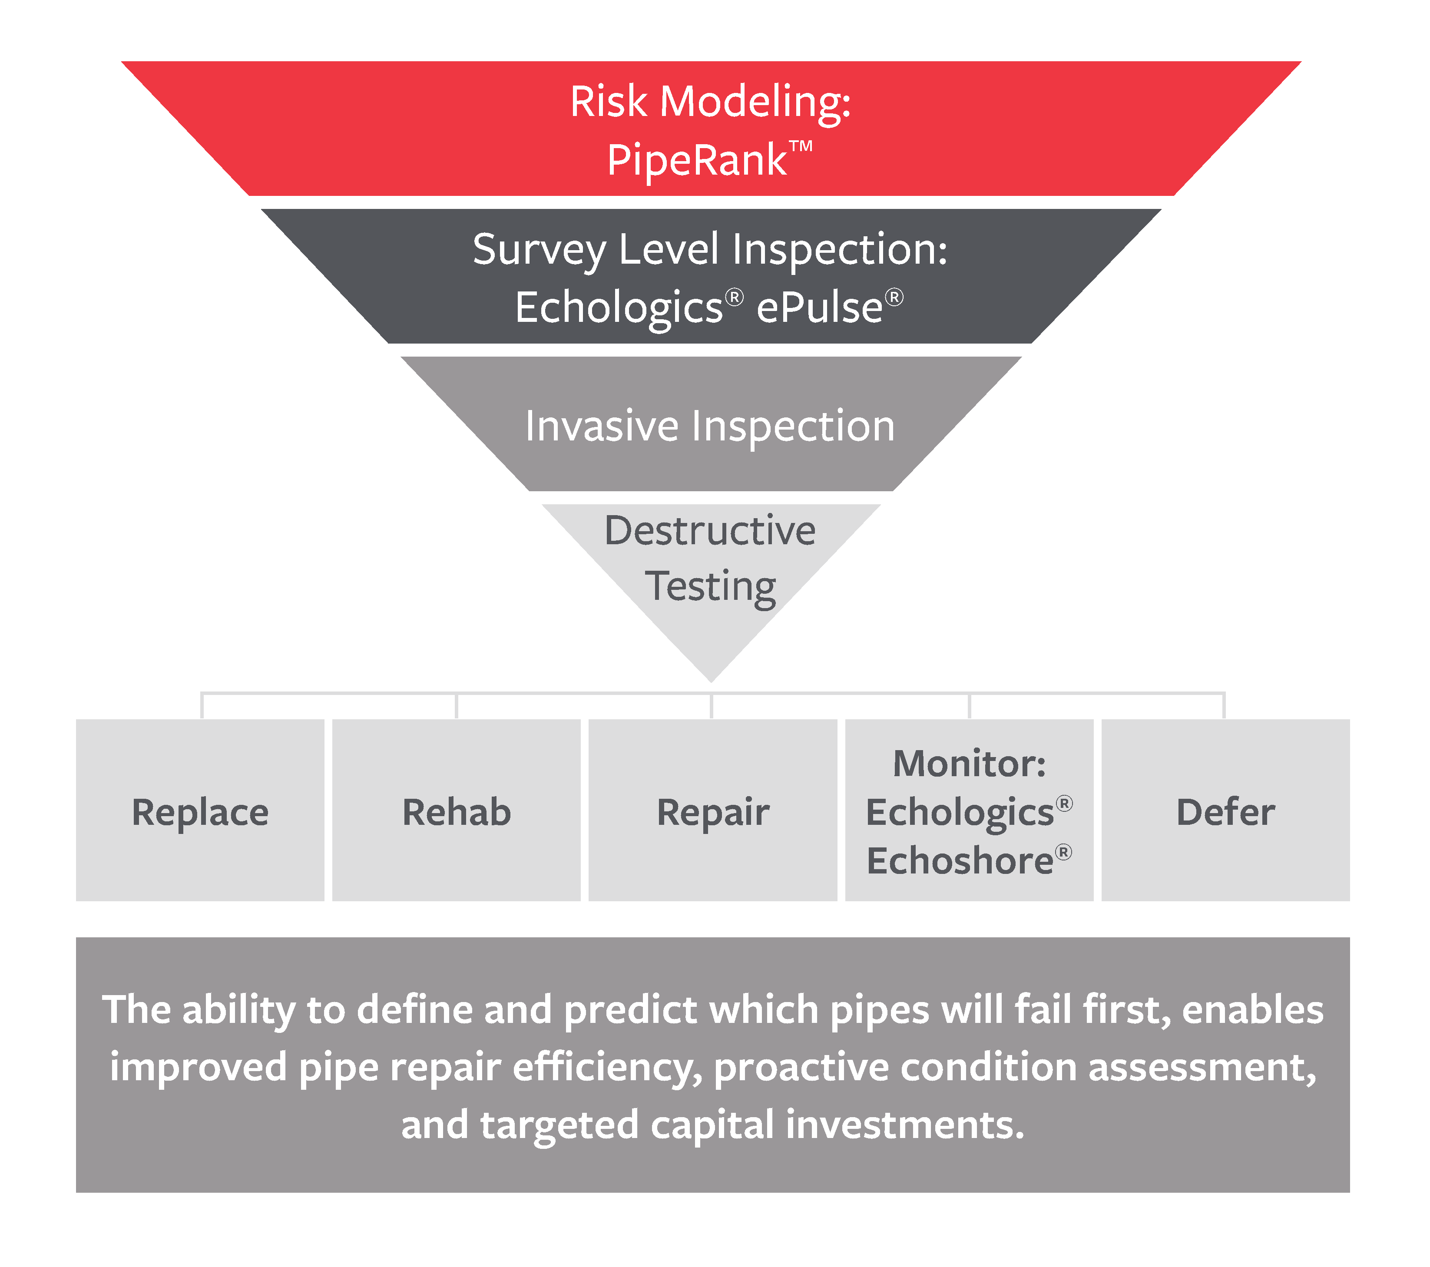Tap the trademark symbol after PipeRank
click(x=801, y=147)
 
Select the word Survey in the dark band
click(x=540, y=251)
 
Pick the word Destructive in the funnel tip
click(x=710, y=530)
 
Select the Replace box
click(x=200, y=810)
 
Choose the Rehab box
click(x=456, y=810)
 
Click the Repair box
click(x=713, y=810)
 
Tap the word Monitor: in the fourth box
click(x=970, y=763)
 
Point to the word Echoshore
click(x=960, y=860)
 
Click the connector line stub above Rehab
click(x=456, y=706)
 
